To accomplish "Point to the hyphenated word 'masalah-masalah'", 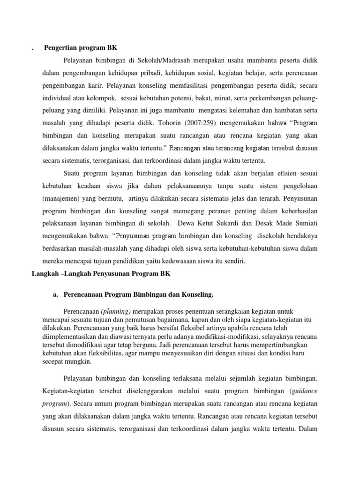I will point(100,247).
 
